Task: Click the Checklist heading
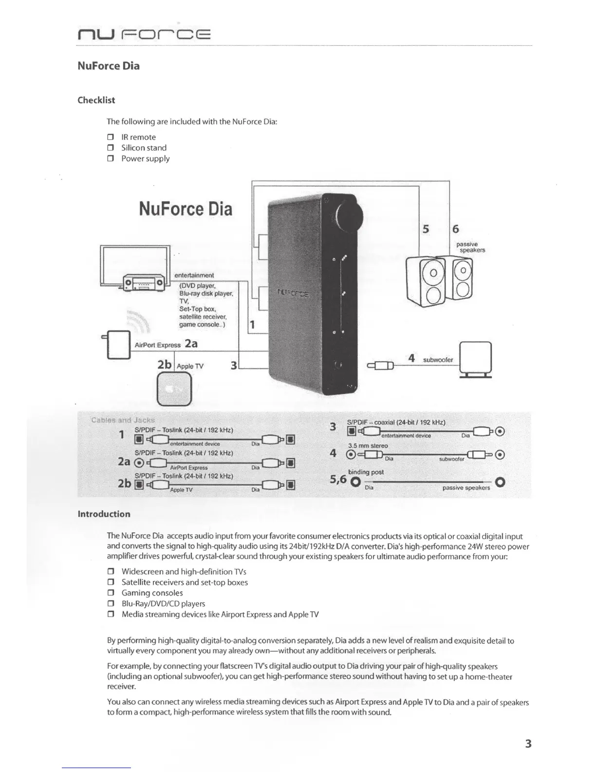tap(96, 100)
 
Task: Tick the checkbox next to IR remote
tap(111, 137)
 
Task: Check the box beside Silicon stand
tap(111, 148)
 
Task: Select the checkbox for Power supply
tap(111, 159)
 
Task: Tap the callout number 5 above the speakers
tap(426, 229)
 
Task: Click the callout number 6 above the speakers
tap(456, 229)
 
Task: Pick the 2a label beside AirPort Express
tap(191, 344)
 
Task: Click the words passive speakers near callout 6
tap(470, 247)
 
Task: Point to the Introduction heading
tap(104, 514)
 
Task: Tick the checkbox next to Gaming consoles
tap(111, 594)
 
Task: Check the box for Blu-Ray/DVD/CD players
tap(111, 604)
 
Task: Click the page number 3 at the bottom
tap(528, 744)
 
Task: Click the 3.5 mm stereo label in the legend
tap(368, 445)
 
